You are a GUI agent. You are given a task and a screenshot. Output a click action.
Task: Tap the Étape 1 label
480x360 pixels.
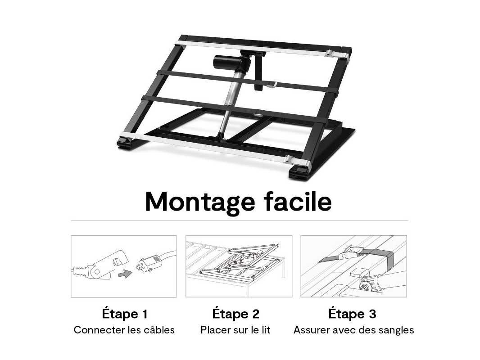coord(125,314)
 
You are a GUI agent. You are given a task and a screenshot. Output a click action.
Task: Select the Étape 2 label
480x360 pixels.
coord(235,314)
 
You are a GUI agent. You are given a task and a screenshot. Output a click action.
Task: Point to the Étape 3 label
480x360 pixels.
coord(353,314)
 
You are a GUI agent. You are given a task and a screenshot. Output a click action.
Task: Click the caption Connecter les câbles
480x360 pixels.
coord(124,330)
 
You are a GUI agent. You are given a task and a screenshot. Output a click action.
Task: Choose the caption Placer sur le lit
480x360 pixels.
coord(235,330)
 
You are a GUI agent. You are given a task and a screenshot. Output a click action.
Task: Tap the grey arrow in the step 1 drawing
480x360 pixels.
coord(125,274)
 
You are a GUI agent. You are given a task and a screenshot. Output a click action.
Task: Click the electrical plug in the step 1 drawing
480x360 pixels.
coord(149,264)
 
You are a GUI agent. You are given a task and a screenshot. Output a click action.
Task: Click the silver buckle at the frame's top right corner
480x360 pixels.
coord(337,54)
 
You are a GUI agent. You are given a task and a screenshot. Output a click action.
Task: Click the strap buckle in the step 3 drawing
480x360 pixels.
coord(350,252)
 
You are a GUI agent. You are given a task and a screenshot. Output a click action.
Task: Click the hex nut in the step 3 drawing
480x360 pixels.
coord(365,287)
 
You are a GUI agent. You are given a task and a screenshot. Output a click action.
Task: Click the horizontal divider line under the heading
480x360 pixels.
coord(240,220)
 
